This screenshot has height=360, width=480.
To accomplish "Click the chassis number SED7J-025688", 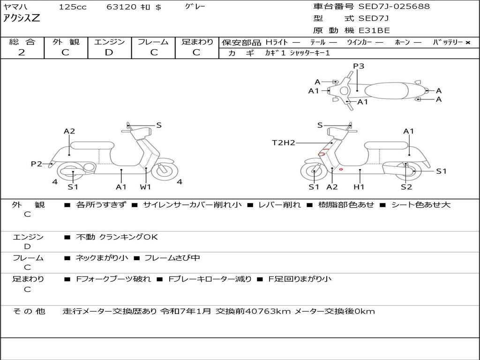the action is pos(394,7).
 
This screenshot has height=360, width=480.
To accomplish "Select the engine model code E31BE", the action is pos(374,30).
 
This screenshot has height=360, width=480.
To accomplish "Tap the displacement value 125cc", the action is pos(69,7).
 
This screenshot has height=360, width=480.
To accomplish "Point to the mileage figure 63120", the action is pos(122,7).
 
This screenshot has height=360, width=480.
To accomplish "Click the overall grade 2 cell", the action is pos(22,52).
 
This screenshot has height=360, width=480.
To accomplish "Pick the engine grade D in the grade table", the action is pos(109,52).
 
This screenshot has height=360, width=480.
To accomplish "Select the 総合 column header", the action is pos(22,42).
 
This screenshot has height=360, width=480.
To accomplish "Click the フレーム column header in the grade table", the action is pos(153,42).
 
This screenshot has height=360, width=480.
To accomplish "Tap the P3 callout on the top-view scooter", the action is pos(359,66).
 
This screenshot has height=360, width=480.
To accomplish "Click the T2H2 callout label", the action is pos(284,142).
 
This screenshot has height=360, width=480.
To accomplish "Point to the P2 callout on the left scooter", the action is pos(37,164).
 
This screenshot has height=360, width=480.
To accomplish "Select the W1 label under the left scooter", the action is pos(146,187).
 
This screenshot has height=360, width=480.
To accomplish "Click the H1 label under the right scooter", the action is pos(359,187).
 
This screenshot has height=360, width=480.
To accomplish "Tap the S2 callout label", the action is pos(406,187).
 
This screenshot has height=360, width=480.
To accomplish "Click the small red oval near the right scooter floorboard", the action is pos(341,169).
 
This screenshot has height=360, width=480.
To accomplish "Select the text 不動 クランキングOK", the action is pos(117,237).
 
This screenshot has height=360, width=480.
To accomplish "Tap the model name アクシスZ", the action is pos(22,18).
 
